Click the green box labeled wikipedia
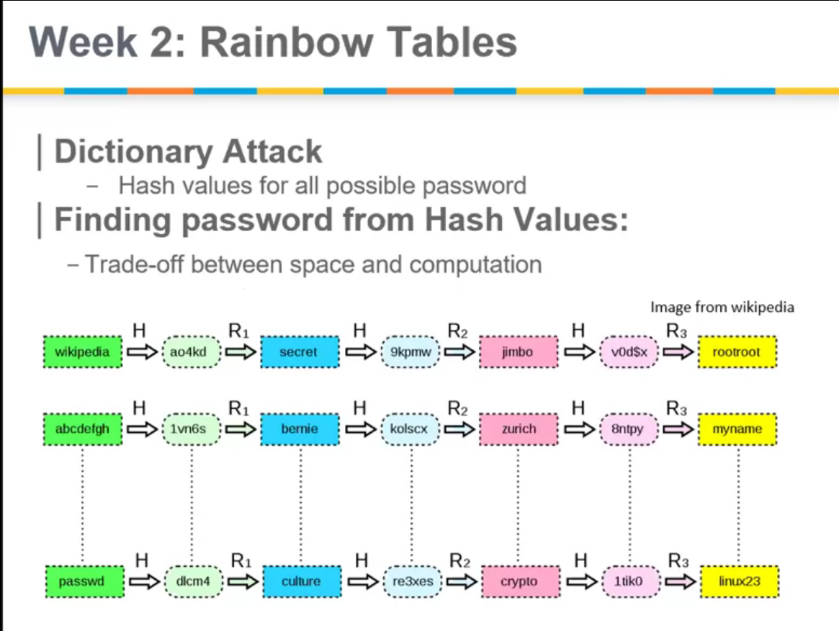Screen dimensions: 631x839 [x=83, y=353]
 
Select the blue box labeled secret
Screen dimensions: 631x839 [x=299, y=353]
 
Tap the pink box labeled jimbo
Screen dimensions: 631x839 [x=518, y=353]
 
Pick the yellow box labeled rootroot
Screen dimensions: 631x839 [x=737, y=353]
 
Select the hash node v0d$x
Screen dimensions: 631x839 [x=629, y=353]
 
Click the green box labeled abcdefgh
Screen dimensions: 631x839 [x=83, y=429]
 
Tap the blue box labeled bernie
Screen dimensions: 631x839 [x=299, y=429]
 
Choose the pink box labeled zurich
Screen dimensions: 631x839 [x=518, y=429]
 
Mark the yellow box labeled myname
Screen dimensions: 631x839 [x=737, y=429]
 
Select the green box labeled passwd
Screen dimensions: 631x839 [x=83, y=581]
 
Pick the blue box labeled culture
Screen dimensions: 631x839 [x=300, y=581]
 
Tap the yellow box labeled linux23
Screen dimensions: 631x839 [x=738, y=581]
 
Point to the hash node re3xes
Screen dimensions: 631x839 [x=411, y=581]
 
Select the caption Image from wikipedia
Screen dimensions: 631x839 [x=722, y=308]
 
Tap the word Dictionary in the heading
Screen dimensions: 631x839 [x=132, y=152]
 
